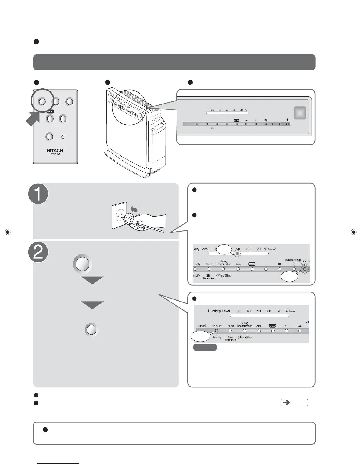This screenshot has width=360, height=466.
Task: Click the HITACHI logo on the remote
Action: pyautogui.click(x=55, y=150)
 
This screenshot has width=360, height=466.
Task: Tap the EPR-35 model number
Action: pyautogui.click(x=55, y=154)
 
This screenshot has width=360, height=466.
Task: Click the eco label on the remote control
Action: pyautogui.click(x=50, y=111)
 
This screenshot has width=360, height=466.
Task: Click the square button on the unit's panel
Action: pyautogui.click(x=300, y=113)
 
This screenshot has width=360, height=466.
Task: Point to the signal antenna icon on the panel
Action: pyautogui.click(x=287, y=120)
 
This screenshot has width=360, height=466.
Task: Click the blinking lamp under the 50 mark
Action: pyautogui.click(x=237, y=253)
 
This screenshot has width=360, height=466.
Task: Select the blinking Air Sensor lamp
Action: pyautogui.click(x=305, y=269)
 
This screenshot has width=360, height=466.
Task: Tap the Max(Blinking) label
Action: pyautogui.click(x=293, y=260)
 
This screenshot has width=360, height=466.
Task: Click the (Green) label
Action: pyautogui.click(x=201, y=326)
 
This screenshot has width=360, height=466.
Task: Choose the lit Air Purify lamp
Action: pyautogui.click(x=216, y=331)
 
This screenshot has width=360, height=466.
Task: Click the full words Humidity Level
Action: pyautogui.click(x=219, y=311)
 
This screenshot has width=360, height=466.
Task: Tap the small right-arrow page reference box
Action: pyautogui.click(x=294, y=402)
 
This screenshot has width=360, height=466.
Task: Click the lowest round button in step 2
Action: pyautogui.click(x=91, y=330)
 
